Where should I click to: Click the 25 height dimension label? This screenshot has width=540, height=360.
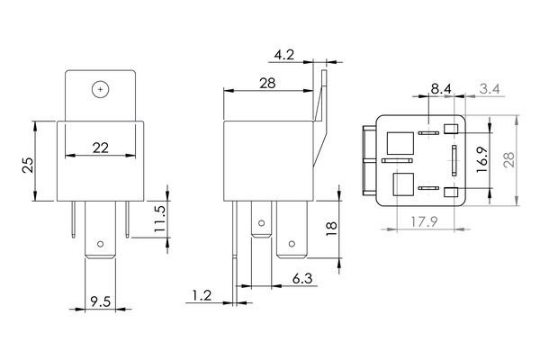point(28,164)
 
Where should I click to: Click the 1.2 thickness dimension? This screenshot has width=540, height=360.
point(203,294)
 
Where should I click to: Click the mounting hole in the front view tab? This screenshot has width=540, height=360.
point(99,88)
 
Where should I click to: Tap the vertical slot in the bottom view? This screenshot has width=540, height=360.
point(454,159)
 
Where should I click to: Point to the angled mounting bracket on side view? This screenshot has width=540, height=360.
point(319,117)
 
